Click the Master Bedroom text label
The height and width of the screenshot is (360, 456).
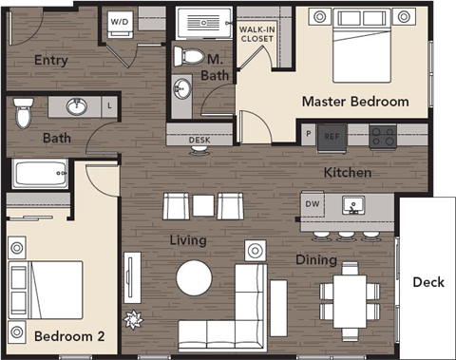[x=355, y=101]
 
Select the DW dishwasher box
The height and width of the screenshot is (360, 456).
[x=313, y=204]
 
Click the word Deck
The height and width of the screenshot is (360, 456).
[x=427, y=282]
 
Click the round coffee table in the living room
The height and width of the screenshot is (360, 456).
[x=194, y=277]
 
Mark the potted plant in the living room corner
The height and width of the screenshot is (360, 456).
[x=134, y=318]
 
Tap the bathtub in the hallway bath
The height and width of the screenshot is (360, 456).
[x=41, y=174]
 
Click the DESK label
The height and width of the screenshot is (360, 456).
[x=199, y=140]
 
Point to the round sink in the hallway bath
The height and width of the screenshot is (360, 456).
[x=76, y=106]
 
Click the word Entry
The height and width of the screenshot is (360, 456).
[x=49, y=60]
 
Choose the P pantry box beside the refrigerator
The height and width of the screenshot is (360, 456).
[x=308, y=135]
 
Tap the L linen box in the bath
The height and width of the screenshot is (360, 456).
[x=110, y=106]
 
